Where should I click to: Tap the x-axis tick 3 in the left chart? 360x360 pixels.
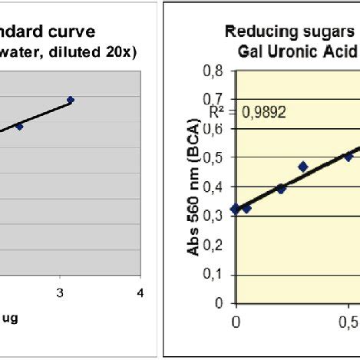point(60,292)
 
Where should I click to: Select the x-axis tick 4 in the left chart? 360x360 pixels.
point(140,292)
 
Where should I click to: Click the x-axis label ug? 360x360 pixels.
point(9,319)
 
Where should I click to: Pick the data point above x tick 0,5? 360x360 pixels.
point(348,157)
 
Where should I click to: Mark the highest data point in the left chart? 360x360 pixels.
point(71,100)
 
